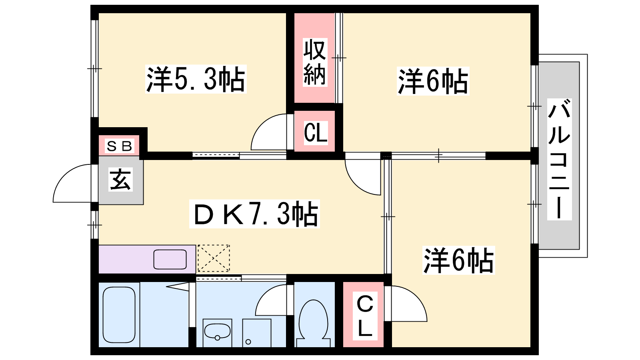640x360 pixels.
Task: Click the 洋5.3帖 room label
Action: (196, 79)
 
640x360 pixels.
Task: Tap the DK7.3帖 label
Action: (254, 214)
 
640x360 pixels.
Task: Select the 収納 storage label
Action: (314, 62)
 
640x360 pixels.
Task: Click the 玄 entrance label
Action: (120, 180)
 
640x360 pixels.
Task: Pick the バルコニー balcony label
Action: (559, 159)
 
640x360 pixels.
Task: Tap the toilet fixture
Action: (314, 323)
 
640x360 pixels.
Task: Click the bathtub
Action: (119, 314)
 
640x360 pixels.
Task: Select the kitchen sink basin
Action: (170, 260)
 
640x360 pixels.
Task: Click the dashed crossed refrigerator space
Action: (214, 258)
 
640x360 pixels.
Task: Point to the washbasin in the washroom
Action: (217, 330)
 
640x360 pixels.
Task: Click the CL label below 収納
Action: (316, 132)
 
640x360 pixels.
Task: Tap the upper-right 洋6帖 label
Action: (433, 81)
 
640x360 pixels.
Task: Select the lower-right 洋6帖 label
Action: (458, 260)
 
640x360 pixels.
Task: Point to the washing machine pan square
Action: (256, 333)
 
